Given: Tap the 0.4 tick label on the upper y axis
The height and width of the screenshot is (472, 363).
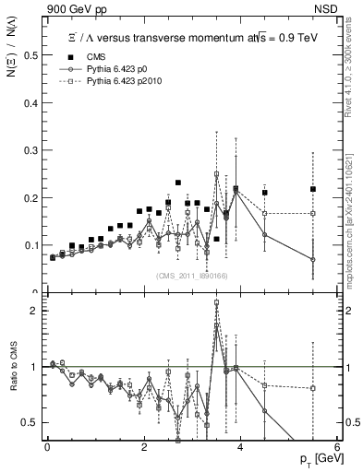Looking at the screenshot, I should [32, 102].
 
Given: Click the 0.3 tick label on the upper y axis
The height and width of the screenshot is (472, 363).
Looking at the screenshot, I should [32, 150].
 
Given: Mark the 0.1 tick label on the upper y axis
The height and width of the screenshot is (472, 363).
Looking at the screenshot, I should [32, 245].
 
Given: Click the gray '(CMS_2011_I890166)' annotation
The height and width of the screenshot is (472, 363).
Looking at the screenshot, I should [193, 275].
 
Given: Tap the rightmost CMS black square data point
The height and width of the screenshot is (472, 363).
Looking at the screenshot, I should [313, 189].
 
